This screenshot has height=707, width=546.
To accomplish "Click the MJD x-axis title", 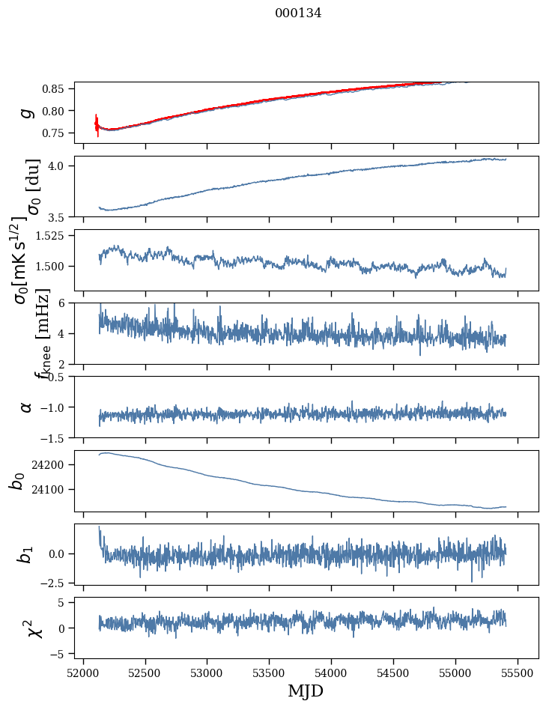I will point(306,691).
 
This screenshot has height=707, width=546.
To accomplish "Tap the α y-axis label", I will point(26,407).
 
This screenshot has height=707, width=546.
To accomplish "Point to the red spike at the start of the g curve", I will point(97,124).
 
